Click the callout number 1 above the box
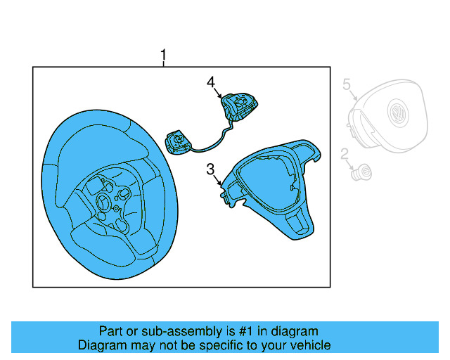coord(164,54)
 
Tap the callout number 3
coord(210,169)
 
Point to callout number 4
coord(210,83)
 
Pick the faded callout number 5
coord(346,84)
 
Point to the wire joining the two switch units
coord(211,143)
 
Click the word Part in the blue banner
coord(110,331)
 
